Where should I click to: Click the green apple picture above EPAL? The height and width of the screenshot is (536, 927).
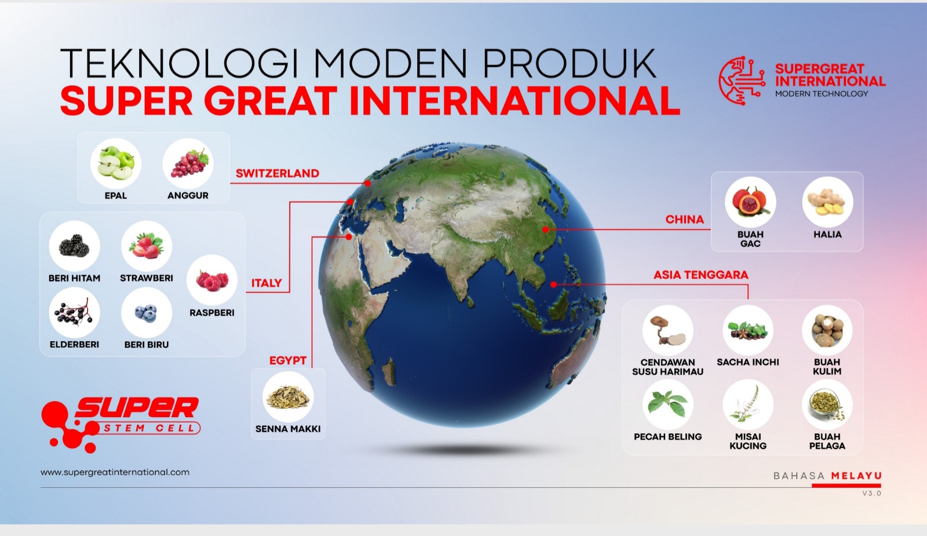pos(116,163)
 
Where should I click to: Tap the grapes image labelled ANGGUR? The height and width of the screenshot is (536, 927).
pos(188,163)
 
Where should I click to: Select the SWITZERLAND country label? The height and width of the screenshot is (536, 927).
pos(278,173)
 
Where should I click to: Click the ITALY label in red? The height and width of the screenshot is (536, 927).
pos(267,283)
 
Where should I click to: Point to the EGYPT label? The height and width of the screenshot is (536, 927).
pos(288,360)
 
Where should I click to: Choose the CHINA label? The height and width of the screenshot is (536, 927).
pos(684,220)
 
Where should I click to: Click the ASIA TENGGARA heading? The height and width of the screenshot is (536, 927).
pos(700,275)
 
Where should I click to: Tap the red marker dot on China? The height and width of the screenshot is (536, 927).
pos(545,229)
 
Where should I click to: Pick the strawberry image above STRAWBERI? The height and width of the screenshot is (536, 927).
pos(147,246)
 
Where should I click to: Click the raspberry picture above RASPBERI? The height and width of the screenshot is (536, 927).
pos(212,280)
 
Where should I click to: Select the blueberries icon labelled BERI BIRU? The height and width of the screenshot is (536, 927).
pos(147,312)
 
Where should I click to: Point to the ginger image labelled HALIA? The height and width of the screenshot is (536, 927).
pos(828,202)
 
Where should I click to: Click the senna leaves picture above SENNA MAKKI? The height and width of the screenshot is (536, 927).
pos(288,396)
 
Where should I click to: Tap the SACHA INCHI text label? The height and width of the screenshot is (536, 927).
pos(748,362)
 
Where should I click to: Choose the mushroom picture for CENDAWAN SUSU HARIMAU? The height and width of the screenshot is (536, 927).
pos(667,331)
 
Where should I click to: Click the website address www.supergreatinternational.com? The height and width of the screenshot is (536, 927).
pos(115,472)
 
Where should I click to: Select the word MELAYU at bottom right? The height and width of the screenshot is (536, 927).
pos(856,476)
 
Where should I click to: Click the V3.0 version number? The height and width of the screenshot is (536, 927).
pos(872,493)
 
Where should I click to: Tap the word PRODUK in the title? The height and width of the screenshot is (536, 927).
pos(570,63)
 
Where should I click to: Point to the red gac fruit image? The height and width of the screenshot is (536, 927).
pos(750,202)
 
